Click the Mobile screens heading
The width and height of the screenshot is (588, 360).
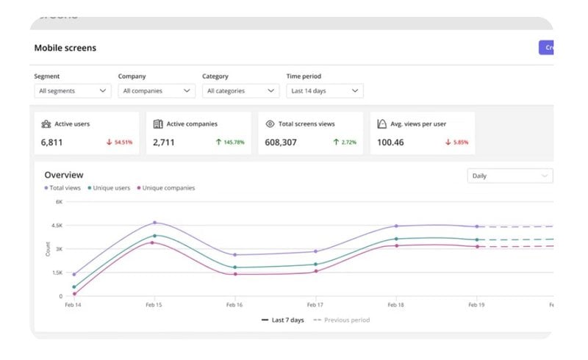65,48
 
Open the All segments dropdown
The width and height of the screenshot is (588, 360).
73,91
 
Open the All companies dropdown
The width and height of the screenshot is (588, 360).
157,91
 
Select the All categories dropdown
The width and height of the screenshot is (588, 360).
240,91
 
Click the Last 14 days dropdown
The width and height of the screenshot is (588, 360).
324,91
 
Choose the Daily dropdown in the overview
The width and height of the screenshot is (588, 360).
509,176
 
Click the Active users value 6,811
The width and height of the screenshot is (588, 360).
52,143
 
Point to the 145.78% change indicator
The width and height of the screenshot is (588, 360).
229,143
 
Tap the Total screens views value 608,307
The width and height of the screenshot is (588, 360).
281,143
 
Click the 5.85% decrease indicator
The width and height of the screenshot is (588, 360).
456,143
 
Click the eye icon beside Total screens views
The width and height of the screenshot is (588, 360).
270,124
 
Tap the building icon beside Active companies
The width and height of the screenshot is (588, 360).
158,124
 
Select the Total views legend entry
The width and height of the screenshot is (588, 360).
63,188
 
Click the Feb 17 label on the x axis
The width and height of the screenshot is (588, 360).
315,305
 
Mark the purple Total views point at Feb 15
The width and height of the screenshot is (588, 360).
155,223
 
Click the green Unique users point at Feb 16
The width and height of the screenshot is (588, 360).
234,267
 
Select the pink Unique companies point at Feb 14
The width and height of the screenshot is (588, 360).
74,294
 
